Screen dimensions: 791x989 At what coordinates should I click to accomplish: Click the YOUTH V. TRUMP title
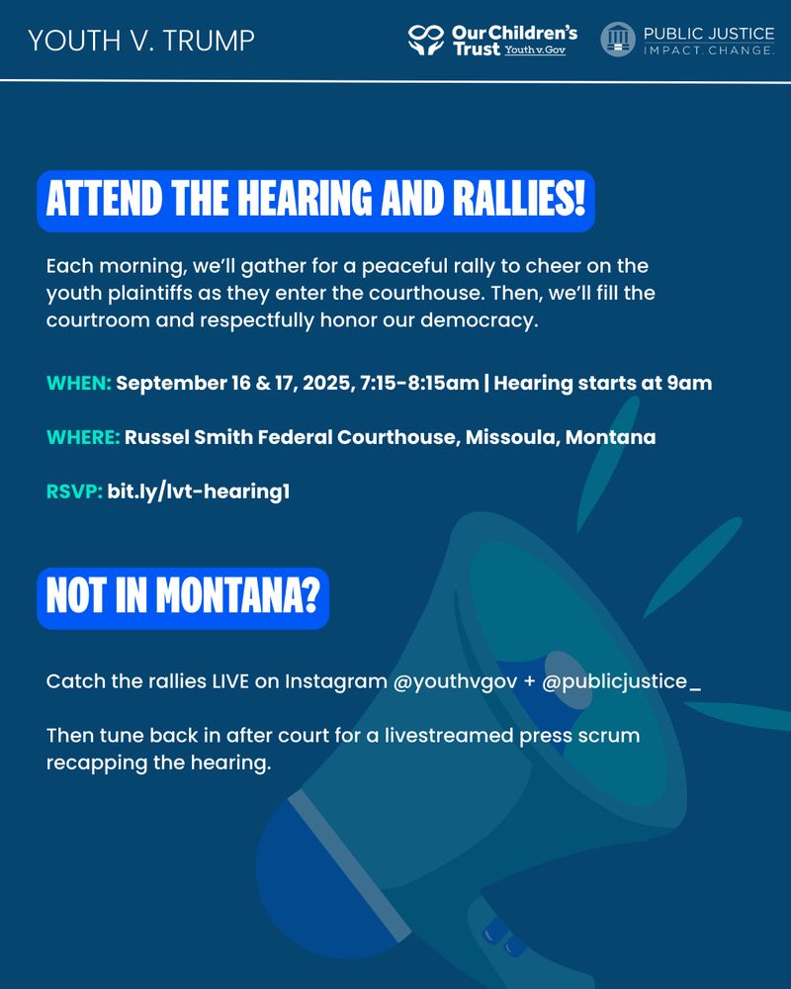tap(141, 41)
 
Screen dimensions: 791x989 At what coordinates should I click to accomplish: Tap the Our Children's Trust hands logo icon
tap(426, 40)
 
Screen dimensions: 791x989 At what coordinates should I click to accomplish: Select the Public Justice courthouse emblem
tap(618, 40)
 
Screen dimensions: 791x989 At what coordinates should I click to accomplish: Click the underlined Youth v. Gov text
tap(535, 49)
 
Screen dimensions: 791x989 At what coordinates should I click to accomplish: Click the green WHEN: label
tap(79, 383)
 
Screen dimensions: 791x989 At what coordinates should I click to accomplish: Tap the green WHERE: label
tap(83, 437)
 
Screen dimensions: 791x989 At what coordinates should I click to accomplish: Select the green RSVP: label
tap(74, 492)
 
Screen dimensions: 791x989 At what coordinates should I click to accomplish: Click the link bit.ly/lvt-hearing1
tap(199, 492)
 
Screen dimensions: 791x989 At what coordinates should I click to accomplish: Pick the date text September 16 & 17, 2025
tap(235, 383)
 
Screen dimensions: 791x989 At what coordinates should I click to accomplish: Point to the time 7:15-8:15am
tap(419, 383)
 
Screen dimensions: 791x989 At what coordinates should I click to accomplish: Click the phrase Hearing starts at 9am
tap(603, 383)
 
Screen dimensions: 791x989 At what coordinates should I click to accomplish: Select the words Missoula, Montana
tap(561, 437)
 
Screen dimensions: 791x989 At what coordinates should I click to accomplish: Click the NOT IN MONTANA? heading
tap(183, 597)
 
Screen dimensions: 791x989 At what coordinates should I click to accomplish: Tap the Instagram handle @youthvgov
tap(455, 681)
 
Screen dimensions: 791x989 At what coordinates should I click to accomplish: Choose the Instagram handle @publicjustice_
tap(621, 681)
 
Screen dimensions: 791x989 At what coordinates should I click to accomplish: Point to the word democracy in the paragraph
tap(479, 320)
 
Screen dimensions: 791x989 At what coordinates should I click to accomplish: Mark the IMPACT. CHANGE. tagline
tap(709, 50)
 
